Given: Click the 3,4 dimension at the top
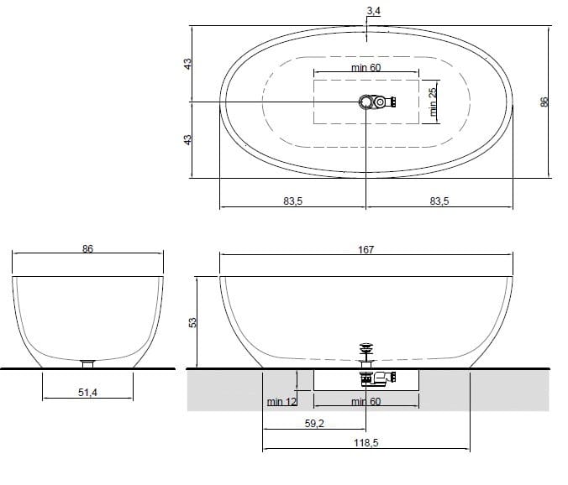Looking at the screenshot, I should click(372, 10).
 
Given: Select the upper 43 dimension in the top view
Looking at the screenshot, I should click(188, 63).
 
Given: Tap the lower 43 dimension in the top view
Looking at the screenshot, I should click(188, 139).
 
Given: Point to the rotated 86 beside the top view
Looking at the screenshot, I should click(544, 102).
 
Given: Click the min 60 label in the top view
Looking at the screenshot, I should click(366, 68).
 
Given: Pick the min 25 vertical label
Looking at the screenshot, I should click(434, 103).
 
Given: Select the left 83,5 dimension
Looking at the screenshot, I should click(292, 201).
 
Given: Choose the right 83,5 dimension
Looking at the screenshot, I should click(439, 201).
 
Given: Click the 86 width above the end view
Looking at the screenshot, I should click(87, 248).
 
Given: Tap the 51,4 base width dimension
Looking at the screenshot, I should click(88, 392).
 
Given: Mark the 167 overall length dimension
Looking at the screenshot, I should click(366, 249).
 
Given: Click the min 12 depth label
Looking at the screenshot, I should click(281, 402).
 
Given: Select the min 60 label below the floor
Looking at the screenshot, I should click(366, 402).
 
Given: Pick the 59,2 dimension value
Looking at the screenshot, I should click(314, 424).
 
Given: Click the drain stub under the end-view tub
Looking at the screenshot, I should click(87, 363).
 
